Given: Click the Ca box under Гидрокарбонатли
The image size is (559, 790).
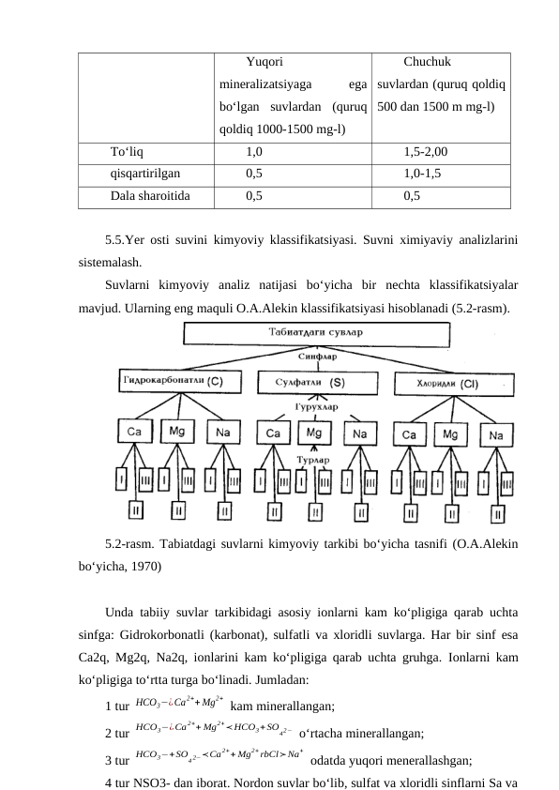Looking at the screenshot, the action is click(130, 432).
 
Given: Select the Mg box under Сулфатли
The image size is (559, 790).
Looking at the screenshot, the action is click(314, 433).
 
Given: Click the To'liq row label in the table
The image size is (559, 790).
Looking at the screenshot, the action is click(127, 150).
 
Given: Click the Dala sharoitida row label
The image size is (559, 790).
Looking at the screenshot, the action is click(150, 196).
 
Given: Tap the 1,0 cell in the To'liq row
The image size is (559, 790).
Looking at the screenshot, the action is click(254, 150).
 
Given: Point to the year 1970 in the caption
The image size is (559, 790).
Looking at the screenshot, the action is click(151, 566).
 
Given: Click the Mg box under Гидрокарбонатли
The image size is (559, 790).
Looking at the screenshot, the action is click(176, 432).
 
